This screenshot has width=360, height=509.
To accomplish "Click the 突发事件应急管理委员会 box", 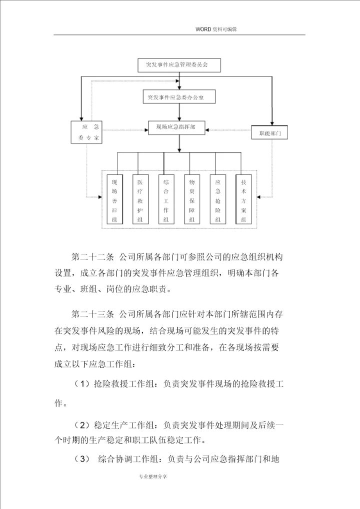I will pos(179,65).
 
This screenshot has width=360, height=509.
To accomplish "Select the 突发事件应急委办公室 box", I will pos(179,97).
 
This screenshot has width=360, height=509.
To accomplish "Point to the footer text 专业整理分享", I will pos(153,476).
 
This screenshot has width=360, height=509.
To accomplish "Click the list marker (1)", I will pos(81,384).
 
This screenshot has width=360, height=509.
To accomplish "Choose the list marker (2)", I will pos(81,425).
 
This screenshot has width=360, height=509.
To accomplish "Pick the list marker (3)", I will pos(81,458).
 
